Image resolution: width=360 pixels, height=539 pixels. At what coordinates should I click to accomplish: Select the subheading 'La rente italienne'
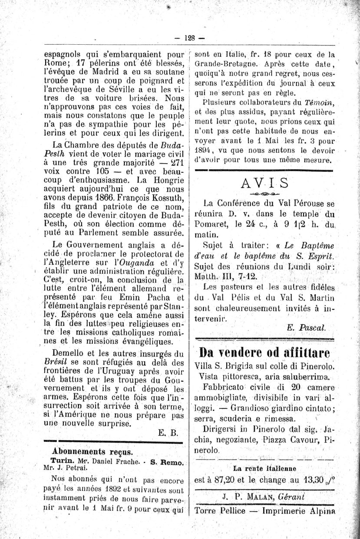click(264, 469)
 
